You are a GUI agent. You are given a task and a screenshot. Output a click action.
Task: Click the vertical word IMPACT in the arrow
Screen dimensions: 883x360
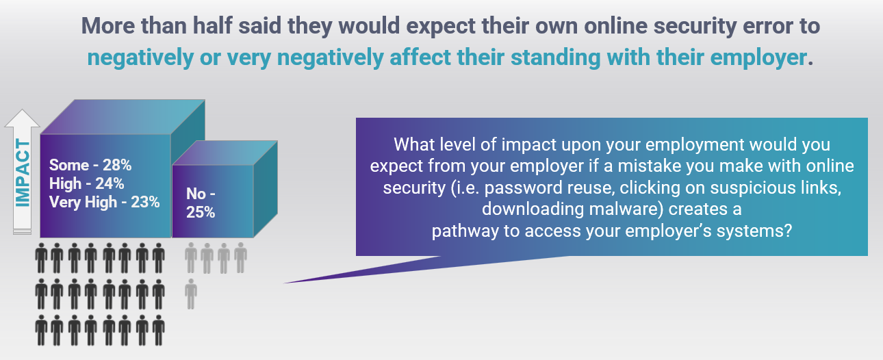tap(23, 172)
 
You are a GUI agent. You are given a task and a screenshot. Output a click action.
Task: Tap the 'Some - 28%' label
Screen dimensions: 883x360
tap(90, 165)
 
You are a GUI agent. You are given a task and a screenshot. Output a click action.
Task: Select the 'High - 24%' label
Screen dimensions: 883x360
tap(87, 183)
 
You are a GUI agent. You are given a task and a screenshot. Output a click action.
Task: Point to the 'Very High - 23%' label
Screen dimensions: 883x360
tap(105, 203)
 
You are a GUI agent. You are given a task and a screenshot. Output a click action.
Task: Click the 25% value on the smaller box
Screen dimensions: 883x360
tap(201, 213)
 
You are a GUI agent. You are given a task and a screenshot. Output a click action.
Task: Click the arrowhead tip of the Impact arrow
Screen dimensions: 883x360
tap(22, 110)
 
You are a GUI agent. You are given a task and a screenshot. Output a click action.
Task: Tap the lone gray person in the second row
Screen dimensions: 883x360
tap(191, 294)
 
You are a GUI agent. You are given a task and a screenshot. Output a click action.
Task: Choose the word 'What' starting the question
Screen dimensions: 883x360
tap(414, 144)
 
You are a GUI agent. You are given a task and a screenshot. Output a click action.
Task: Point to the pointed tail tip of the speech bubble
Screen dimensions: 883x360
tap(285, 283)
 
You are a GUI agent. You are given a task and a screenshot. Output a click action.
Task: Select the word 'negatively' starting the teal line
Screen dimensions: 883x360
tap(140, 58)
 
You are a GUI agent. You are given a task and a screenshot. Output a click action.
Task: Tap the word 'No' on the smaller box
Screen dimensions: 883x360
tap(196, 194)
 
